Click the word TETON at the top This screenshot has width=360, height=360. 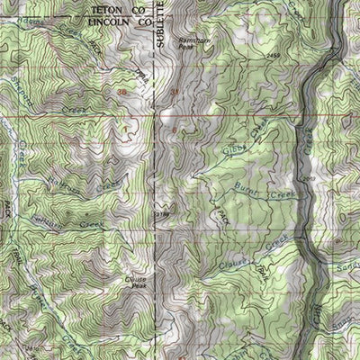105,7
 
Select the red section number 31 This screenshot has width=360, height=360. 175,92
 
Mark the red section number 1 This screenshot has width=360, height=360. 126,129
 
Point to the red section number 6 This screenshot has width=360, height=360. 174,130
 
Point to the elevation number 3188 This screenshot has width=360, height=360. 162,215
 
